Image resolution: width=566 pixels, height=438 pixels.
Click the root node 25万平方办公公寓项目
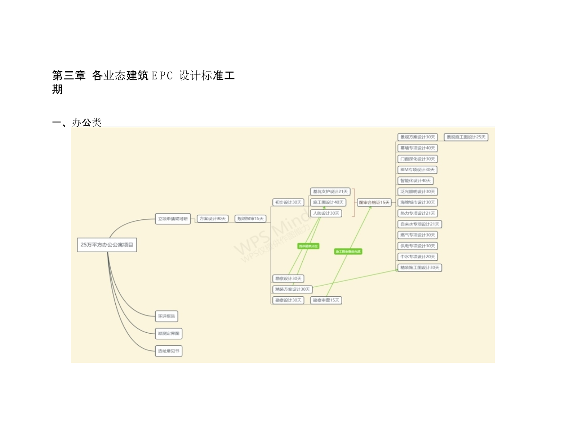[107, 245]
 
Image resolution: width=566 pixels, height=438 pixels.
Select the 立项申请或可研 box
[173, 219]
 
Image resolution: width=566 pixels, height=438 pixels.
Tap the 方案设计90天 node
[213, 219]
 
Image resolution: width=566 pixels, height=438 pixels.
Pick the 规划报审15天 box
[251, 219]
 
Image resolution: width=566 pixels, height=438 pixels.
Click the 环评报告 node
[166, 316]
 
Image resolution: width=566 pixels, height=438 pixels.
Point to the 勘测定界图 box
[169, 334]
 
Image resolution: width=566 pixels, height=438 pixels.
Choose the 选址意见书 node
[169, 351]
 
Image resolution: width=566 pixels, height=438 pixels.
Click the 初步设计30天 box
[288, 202]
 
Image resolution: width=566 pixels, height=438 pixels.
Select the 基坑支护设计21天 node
[330, 192]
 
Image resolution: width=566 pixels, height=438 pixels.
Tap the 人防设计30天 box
[326, 213]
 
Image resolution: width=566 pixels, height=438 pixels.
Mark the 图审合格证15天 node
[374, 202]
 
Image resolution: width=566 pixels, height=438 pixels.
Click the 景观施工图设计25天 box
[466, 137]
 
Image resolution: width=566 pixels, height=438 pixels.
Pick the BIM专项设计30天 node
[418, 170]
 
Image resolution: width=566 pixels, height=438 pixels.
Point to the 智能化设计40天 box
[415, 181]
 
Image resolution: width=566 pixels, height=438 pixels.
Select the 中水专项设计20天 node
[418, 257]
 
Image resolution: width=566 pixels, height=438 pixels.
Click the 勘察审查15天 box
[326, 300]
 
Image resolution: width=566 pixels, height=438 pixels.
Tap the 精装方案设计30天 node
[292, 289]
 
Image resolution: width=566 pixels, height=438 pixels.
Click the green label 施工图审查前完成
[348, 251]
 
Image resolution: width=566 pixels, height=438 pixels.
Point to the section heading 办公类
[87, 122]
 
